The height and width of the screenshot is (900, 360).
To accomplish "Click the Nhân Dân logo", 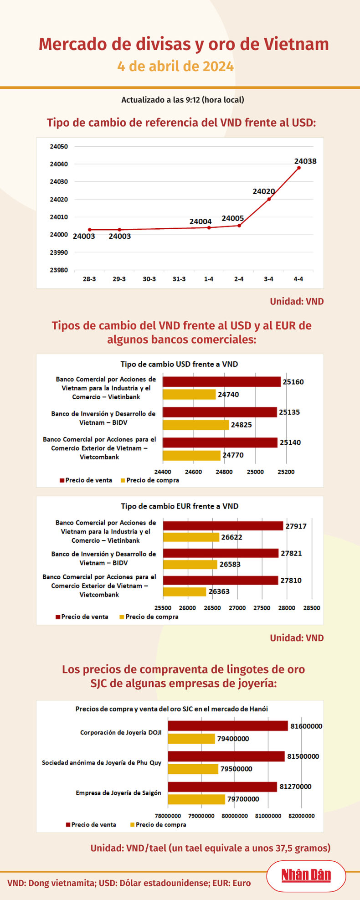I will [x=306, y=875].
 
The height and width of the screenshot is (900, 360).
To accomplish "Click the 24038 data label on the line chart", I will [x=305, y=161].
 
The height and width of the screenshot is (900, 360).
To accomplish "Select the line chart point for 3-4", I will [x=269, y=199].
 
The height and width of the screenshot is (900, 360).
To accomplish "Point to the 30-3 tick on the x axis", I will [x=149, y=279].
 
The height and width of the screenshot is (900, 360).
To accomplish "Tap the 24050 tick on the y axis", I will [x=59, y=147].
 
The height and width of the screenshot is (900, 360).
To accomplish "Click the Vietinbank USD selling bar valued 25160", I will [x=221, y=382].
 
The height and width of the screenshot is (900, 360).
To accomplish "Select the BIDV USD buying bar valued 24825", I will [x=195, y=425].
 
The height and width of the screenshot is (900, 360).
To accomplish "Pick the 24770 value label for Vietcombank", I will [x=233, y=455].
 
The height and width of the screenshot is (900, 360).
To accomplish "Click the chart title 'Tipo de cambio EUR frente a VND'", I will [x=180, y=506].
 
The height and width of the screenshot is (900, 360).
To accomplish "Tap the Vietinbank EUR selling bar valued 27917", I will [x=223, y=526].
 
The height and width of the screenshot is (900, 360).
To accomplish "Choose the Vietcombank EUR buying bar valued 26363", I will [x=185, y=591].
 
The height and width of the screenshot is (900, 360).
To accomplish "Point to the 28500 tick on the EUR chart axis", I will [x=312, y=608].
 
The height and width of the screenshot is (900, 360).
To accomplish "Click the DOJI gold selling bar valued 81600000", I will [x=228, y=726].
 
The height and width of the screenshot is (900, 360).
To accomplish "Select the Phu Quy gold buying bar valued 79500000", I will [x=193, y=769].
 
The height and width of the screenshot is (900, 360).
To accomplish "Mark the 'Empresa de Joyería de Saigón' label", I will [x=118, y=793].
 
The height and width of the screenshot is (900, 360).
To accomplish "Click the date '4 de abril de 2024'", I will [x=175, y=67].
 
